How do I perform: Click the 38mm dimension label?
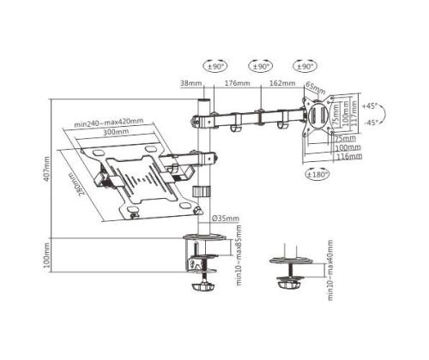(191, 84)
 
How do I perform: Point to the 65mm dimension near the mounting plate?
(316, 88)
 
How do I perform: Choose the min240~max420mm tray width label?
(108, 122)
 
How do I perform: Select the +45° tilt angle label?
(370, 107)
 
